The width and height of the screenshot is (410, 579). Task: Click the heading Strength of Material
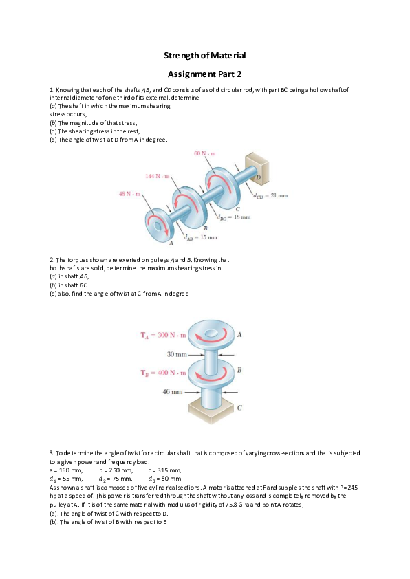205,54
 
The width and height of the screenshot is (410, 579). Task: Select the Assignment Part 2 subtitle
205,73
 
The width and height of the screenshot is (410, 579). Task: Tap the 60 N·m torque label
205,153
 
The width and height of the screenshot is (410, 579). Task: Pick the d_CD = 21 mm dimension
270,196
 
